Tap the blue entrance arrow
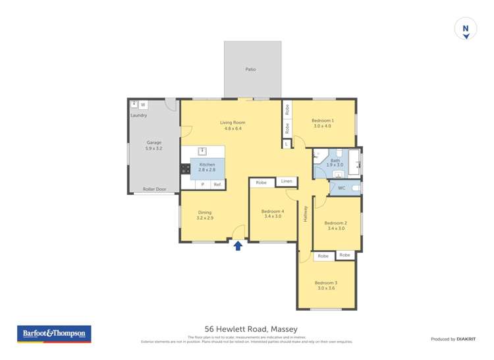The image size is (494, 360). coord(238,246)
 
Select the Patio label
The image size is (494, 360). coord(250,69)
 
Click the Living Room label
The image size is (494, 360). coord(233,122)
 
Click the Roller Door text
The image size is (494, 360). coord(155,189)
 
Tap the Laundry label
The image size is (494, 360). coord(138,115)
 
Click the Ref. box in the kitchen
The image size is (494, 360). coord(217,185)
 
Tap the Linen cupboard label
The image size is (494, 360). coord(286,181)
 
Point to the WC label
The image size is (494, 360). coord(341,188)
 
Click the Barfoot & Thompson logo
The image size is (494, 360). coord(53,334)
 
